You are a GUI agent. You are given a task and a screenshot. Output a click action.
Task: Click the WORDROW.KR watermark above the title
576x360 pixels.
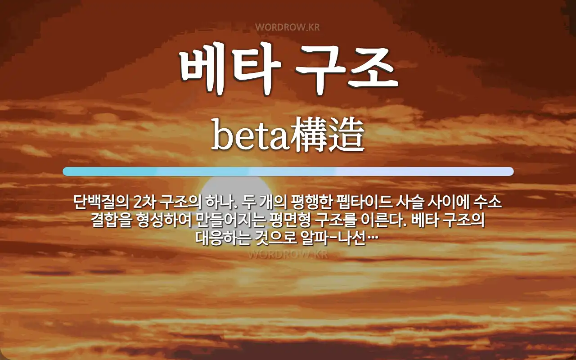tap(288, 27)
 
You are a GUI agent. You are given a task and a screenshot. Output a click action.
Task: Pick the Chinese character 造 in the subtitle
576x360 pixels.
tap(346, 136)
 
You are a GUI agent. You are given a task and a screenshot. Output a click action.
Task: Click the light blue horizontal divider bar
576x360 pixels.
tap(288, 171)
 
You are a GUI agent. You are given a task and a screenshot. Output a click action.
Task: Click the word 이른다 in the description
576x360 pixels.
tap(382, 220)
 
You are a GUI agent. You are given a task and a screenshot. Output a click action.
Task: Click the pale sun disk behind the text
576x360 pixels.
tap(234, 187)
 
